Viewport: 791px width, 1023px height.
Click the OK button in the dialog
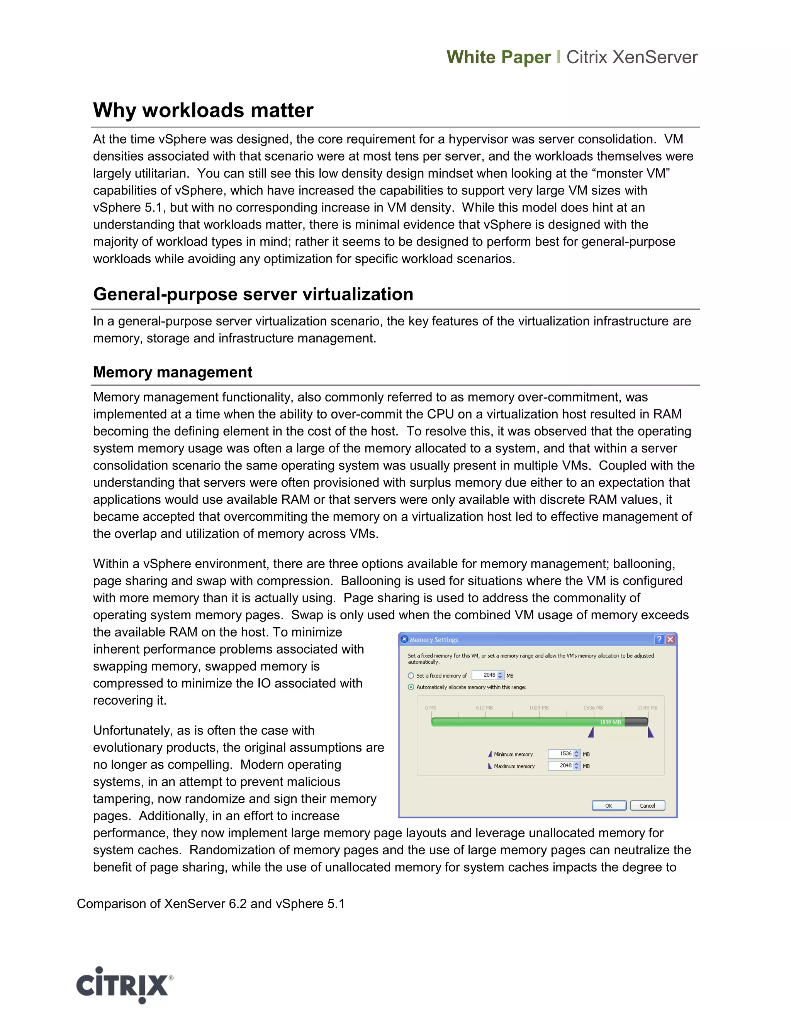tap(609, 806)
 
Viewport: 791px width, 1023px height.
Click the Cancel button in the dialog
tap(647, 806)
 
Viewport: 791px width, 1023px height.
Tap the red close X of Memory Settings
tap(670, 639)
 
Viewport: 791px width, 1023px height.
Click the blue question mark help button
tap(659, 639)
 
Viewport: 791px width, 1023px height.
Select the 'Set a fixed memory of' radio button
tap(411, 676)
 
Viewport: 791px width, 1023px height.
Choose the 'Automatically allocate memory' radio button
tap(411, 687)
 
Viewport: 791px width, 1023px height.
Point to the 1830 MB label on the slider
tap(610, 722)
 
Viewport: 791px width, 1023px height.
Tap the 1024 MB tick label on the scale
tap(539, 708)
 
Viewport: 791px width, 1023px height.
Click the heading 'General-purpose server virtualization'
tap(253, 294)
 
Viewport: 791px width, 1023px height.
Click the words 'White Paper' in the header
tap(499, 57)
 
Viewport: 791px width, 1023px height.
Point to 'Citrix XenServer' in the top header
tap(631, 57)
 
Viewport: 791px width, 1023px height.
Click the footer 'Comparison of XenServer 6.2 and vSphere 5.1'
tap(210, 904)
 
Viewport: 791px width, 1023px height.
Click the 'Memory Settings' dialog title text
tap(433, 640)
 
